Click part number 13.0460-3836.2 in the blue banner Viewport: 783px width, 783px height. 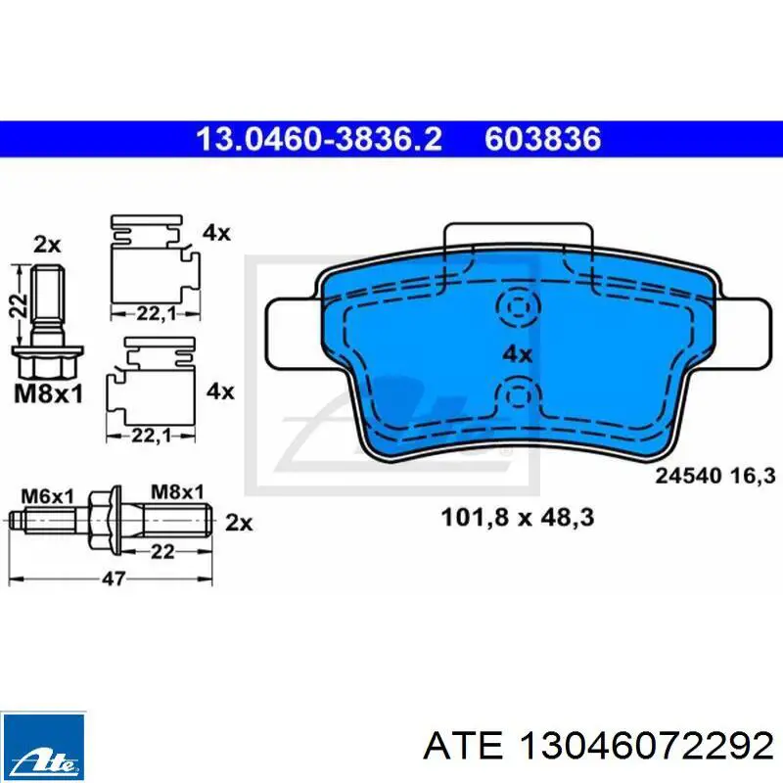(x=319, y=139)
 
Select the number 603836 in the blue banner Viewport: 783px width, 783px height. (x=542, y=139)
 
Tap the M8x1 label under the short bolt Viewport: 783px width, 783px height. (x=48, y=394)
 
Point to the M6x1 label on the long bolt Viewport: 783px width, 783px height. (x=47, y=496)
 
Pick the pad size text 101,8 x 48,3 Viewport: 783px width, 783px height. (x=518, y=518)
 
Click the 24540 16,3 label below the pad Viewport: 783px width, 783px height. (x=715, y=475)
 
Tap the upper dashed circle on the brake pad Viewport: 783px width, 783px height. (x=519, y=306)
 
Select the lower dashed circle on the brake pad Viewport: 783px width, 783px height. (x=519, y=396)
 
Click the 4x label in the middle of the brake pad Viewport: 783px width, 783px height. (x=518, y=354)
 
